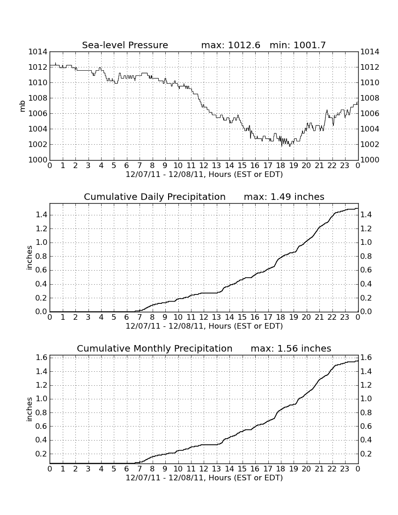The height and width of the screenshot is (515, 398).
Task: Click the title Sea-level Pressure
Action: [125, 45]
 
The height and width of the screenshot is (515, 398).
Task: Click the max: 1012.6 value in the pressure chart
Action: [230, 45]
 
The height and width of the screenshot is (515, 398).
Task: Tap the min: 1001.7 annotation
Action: [298, 45]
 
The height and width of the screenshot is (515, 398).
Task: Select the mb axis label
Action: [22, 106]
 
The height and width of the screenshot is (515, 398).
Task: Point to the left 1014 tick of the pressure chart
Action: [38, 52]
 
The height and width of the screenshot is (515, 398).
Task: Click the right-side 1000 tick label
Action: [370, 160]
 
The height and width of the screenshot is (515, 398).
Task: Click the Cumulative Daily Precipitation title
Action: [155, 197]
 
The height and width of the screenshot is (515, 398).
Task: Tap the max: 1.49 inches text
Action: [284, 197]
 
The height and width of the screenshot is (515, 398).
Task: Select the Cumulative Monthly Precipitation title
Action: [155, 348]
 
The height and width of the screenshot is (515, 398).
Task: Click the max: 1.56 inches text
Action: [291, 348]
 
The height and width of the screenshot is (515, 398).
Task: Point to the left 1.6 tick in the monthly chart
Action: [41, 358]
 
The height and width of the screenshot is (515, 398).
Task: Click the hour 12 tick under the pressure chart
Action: [204, 166]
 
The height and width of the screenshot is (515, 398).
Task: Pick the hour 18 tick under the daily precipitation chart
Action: [281, 317]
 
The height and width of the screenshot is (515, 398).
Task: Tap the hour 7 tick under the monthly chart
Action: [140, 469]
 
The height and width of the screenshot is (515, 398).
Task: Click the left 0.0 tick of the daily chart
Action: [41, 312]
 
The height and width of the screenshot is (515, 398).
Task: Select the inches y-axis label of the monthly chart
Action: [29, 409]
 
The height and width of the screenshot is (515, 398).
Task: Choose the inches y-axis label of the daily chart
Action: [29, 258]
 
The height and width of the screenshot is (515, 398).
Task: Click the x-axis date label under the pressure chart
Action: [204, 175]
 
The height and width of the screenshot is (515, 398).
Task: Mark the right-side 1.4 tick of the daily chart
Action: [366, 215]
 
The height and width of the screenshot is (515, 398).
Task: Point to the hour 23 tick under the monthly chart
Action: [345, 469]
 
